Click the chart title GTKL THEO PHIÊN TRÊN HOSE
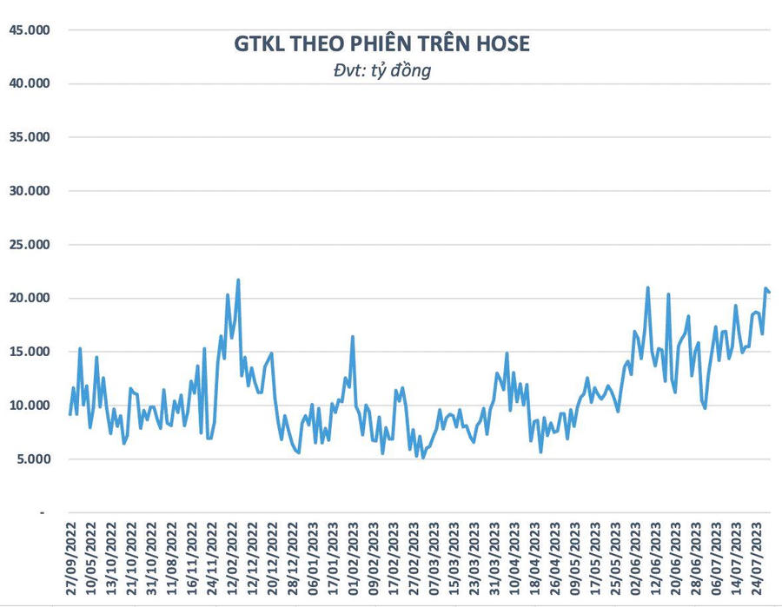pos(381,43)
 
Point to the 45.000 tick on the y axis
pos(30,30)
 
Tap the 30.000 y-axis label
pos(30,191)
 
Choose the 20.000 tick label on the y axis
pos(30,299)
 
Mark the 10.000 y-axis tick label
pos(30,406)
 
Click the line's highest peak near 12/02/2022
pos(238,280)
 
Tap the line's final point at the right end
pos(770,292)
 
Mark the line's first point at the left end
pos(70,414)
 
